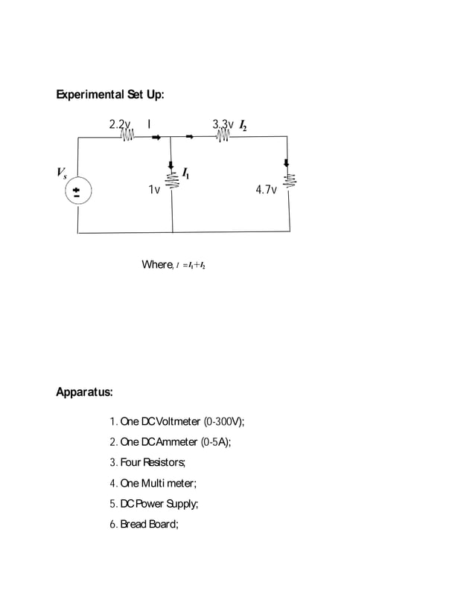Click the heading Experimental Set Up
coord(110,95)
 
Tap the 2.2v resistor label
coord(120,124)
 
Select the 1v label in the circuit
coord(153,191)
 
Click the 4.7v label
coord(266,191)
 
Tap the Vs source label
coord(62,173)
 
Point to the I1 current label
coord(186,175)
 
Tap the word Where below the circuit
coord(157,265)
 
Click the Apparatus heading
coord(84,391)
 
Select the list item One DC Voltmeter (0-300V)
coord(177,422)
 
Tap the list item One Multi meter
coord(153,483)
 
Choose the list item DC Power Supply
coord(154,504)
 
